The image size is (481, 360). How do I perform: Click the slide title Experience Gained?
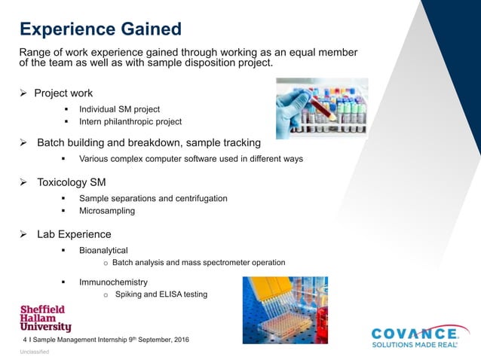click(100, 29)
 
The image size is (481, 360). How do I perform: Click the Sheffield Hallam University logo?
click(45, 319)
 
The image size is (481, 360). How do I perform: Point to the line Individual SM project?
click(119, 109)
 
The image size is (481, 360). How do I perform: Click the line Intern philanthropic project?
click(130, 121)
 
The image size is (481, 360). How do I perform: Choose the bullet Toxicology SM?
click(72, 182)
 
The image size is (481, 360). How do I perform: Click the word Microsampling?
click(107, 211)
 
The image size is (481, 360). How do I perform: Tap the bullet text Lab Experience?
click(74, 234)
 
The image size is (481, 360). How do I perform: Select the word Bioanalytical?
click(103, 250)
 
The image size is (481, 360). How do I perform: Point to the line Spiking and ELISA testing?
click(161, 294)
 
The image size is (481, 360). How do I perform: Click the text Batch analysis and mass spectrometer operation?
click(198, 263)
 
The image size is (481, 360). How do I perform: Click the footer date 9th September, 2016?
click(161, 340)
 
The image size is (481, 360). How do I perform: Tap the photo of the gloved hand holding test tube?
click(321, 108)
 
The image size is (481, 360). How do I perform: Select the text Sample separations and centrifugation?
click(153, 198)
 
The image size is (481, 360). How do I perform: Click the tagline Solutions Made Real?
click(414, 344)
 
